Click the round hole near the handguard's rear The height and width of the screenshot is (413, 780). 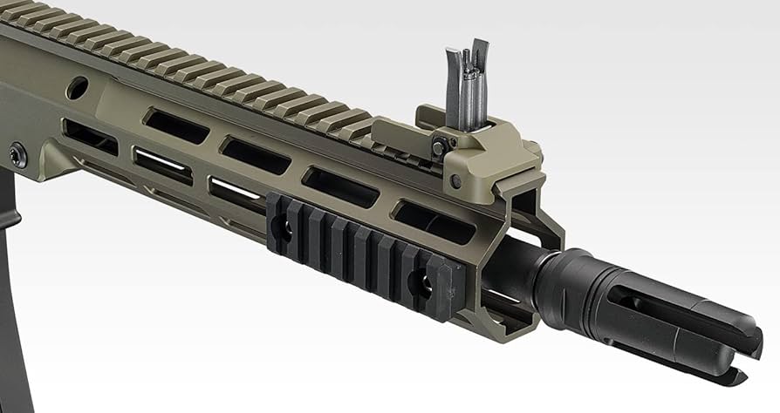pos(77,87)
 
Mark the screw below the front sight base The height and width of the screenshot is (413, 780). pos(455,181)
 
